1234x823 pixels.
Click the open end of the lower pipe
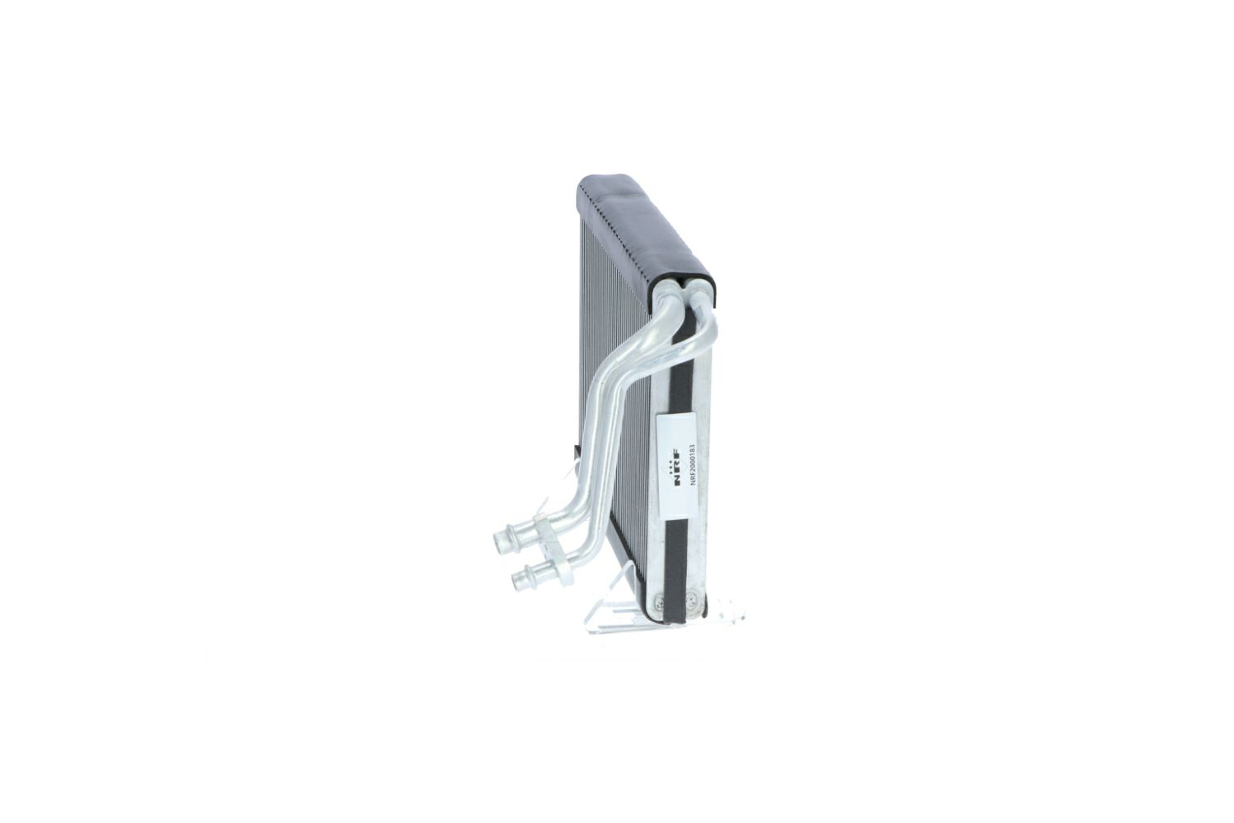(517, 580)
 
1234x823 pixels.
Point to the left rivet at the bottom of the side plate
(660, 603)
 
